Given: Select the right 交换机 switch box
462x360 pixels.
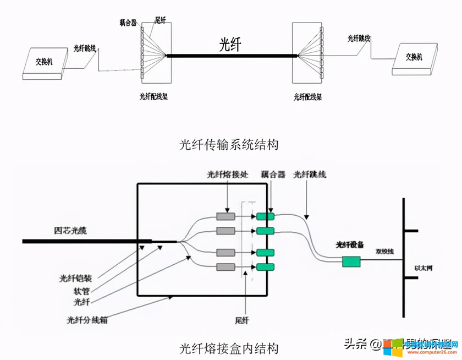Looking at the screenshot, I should (x=415, y=57).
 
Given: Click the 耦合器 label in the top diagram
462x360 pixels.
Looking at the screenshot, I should (x=128, y=23).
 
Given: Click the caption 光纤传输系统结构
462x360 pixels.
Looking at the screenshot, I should (x=229, y=145).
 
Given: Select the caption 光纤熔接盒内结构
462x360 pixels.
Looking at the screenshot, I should (x=229, y=348).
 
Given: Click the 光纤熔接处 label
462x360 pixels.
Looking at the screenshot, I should (x=228, y=175).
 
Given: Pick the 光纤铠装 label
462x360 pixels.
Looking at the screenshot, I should (x=75, y=279).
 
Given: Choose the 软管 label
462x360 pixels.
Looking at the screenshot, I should (x=82, y=290).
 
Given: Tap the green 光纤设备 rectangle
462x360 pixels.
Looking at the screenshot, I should (x=351, y=261).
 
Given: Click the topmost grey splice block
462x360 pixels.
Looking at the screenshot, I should (x=226, y=216).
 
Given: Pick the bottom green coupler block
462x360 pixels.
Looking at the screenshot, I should (x=265, y=268).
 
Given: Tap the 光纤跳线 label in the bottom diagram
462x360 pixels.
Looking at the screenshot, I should (x=310, y=175).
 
